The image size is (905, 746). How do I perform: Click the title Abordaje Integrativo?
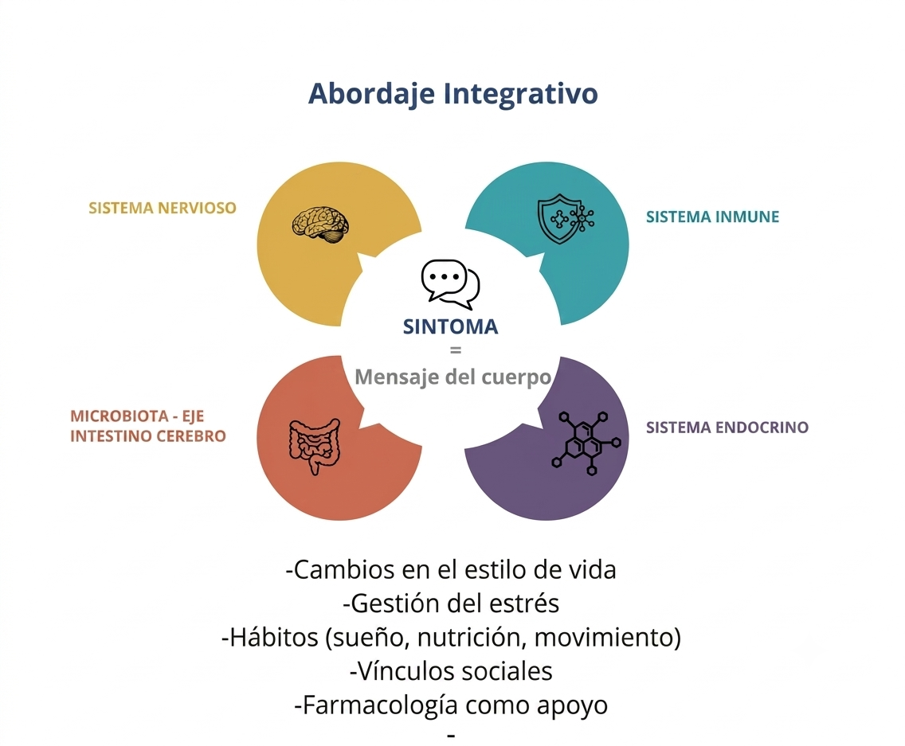[453, 94]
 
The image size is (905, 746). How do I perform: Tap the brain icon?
[321, 225]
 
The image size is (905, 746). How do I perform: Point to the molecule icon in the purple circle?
[586, 443]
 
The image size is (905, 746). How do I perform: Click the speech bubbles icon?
[450, 284]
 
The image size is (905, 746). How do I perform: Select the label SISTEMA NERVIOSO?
[163, 208]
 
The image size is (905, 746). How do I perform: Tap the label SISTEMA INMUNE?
[712, 217]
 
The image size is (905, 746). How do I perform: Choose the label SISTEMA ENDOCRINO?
[727, 428]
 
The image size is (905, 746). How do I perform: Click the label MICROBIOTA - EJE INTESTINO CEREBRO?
[147, 426]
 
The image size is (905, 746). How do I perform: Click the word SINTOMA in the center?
[450, 326]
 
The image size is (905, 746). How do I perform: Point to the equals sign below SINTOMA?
[456, 350]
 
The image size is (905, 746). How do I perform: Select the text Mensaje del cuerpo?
[453, 377]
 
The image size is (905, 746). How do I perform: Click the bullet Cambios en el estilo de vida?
[451, 570]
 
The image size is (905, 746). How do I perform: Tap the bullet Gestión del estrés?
[451, 603]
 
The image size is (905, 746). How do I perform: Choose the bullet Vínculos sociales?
[451, 671]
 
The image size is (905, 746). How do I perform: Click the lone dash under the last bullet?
[452, 735]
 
